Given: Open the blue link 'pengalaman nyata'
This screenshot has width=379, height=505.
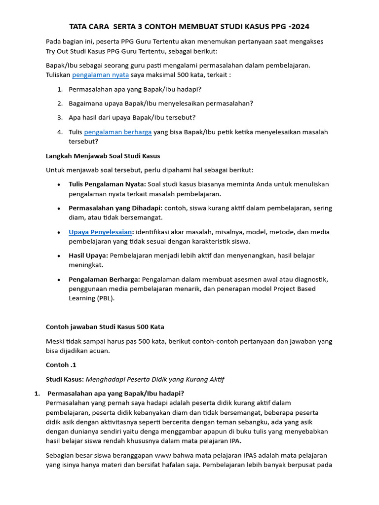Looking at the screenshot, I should click(x=100, y=75).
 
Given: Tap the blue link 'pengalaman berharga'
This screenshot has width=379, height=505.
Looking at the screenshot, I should click(x=118, y=132).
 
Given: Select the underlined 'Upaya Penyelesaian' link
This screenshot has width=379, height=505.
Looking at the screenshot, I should click(x=100, y=232).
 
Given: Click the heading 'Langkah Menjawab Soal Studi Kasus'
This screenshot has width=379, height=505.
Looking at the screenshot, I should click(x=103, y=156).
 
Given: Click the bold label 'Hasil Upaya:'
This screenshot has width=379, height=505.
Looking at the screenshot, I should click(x=88, y=255).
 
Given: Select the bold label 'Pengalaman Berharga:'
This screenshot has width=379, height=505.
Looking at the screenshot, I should click(x=104, y=279).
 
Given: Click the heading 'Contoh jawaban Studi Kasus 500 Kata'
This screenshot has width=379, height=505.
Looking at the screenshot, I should click(x=105, y=326).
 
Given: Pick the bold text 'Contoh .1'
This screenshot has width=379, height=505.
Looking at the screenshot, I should click(x=61, y=365).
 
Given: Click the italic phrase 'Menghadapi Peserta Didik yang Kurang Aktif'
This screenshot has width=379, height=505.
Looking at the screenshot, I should click(x=155, y=379).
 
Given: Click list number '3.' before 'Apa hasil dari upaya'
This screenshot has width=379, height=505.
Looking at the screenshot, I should click(x=59, y=117).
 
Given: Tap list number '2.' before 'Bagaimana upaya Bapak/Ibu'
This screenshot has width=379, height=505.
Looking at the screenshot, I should click(x=59, y=103).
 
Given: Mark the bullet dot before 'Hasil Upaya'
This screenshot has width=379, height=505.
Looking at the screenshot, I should click(x=59, y=256).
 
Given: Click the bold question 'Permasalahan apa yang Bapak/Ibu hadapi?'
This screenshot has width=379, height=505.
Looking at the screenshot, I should click(x=115, y=393).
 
